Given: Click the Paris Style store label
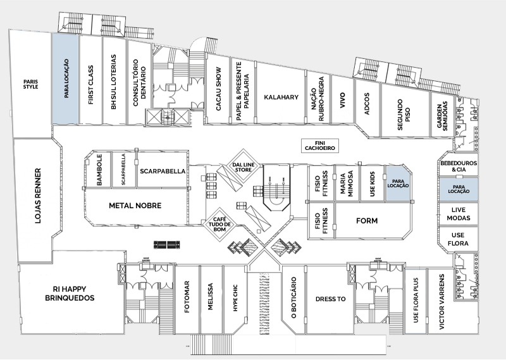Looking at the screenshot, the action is (x=30, y=84).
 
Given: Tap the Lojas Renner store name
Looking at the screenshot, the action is (x=38, y=196).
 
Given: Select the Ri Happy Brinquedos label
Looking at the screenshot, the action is (x=70, y=294).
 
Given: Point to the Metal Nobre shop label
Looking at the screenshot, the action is (x=135, y=206).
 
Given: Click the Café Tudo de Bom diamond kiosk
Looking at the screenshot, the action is (x=219, y=225).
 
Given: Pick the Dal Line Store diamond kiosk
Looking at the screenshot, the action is (x=244, y=167).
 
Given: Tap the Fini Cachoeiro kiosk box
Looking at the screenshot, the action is (x=320, y=146).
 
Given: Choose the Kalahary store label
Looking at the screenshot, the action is (x=281, y=97).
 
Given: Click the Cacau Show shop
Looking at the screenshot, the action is (x=218, y=89).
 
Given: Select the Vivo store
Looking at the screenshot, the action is (x=343, y=100).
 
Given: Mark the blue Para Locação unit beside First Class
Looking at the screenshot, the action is (x=65, y=78).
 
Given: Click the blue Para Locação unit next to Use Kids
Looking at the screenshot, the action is (x=398, y=183).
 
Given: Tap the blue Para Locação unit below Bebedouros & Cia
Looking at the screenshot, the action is (x=459, y=189).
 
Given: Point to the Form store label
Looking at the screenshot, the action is (x=367, y=221).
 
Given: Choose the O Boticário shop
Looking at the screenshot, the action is (x=293, y=299).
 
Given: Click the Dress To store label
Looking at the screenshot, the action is (x=330, y=299).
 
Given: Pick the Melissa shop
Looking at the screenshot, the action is (x=211, y=297).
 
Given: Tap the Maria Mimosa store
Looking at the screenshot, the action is (x=347, y=183).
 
